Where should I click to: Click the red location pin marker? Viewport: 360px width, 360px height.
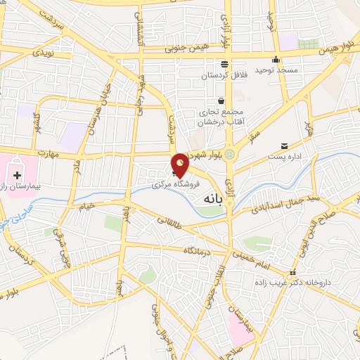(181, 165)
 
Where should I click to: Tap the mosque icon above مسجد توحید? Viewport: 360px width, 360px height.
(276, 59)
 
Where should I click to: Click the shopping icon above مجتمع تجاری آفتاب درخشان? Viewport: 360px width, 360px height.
(221, 101)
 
